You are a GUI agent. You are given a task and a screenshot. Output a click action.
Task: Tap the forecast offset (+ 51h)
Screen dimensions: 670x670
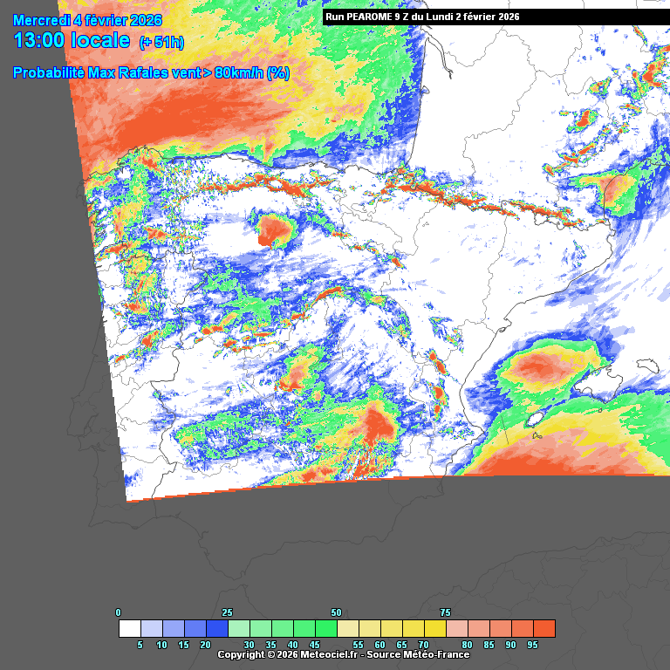pos(161,42)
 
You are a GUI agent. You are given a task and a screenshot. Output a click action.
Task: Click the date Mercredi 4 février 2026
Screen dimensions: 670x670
pos(87,20)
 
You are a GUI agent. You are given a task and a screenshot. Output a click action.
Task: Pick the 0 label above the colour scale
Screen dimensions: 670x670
pos(119,612)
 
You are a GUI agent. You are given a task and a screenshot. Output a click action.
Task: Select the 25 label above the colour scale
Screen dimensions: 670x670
pos(228,612)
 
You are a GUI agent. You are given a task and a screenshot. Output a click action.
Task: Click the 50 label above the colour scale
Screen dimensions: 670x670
pos(337,612)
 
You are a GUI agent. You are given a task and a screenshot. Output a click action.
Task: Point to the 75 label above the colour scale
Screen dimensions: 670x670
pos(446,612)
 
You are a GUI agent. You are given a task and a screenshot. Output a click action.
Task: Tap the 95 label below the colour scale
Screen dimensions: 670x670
pos(532,645)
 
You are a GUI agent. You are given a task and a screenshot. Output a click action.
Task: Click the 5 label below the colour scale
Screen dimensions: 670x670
pos(140,645)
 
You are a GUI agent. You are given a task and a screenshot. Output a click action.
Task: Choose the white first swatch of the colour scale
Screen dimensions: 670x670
pos(130,628)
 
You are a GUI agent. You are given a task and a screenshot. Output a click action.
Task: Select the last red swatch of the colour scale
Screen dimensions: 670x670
pos(544,628)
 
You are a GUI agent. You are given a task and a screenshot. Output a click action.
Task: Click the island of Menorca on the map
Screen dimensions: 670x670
pos(646,366)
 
